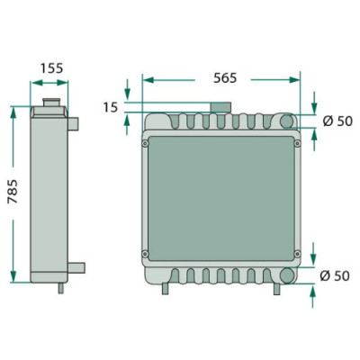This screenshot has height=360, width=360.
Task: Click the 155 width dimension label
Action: pyautogui.click(x=52, y=68)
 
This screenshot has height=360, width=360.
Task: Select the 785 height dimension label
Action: pyautogui.click(x=13, y=192)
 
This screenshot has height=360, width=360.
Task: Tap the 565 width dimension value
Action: pyautogui.click(x=225, y=78)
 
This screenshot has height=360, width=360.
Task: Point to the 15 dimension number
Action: pyautogui.click(x=111, y=107)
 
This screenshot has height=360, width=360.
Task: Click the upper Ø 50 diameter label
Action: pyautogui.click(x=337, y=121)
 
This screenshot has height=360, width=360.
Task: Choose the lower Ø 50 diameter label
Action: pyautogui.click(x=335, y=275)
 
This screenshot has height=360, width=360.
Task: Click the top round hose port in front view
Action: pyautogui.click(x=287, y=121)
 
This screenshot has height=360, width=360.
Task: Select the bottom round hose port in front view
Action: pyautogui.click(x=287, y=274)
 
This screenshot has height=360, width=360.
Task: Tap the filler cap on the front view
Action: pyautogui.click(x=220, y=107)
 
